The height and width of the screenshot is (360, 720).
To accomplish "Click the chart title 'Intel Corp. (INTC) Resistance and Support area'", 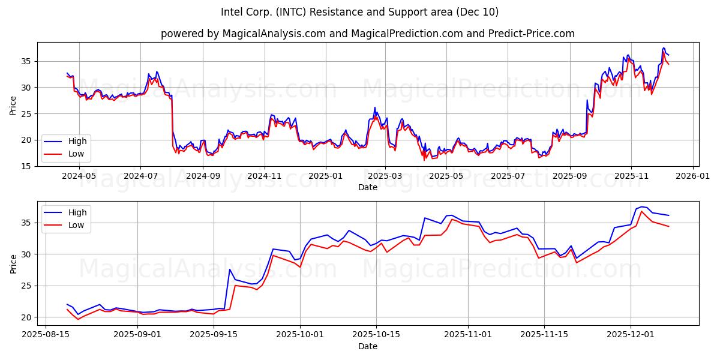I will click(359, 12).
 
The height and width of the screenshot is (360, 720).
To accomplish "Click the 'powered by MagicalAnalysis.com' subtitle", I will click(367, 34).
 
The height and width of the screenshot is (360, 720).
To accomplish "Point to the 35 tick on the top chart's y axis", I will click(26, 61).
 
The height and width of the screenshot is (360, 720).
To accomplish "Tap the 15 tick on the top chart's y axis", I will click(26, 166).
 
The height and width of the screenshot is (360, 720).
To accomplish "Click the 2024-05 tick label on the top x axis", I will click(79, 176).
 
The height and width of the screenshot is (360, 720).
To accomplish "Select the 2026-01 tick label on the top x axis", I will click(693, 176).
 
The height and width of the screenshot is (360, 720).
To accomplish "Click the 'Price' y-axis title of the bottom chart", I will click(13, 263).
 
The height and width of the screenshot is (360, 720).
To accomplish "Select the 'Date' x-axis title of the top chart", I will click(367, 187).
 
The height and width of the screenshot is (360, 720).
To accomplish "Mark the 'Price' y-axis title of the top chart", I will click(13, 104).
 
